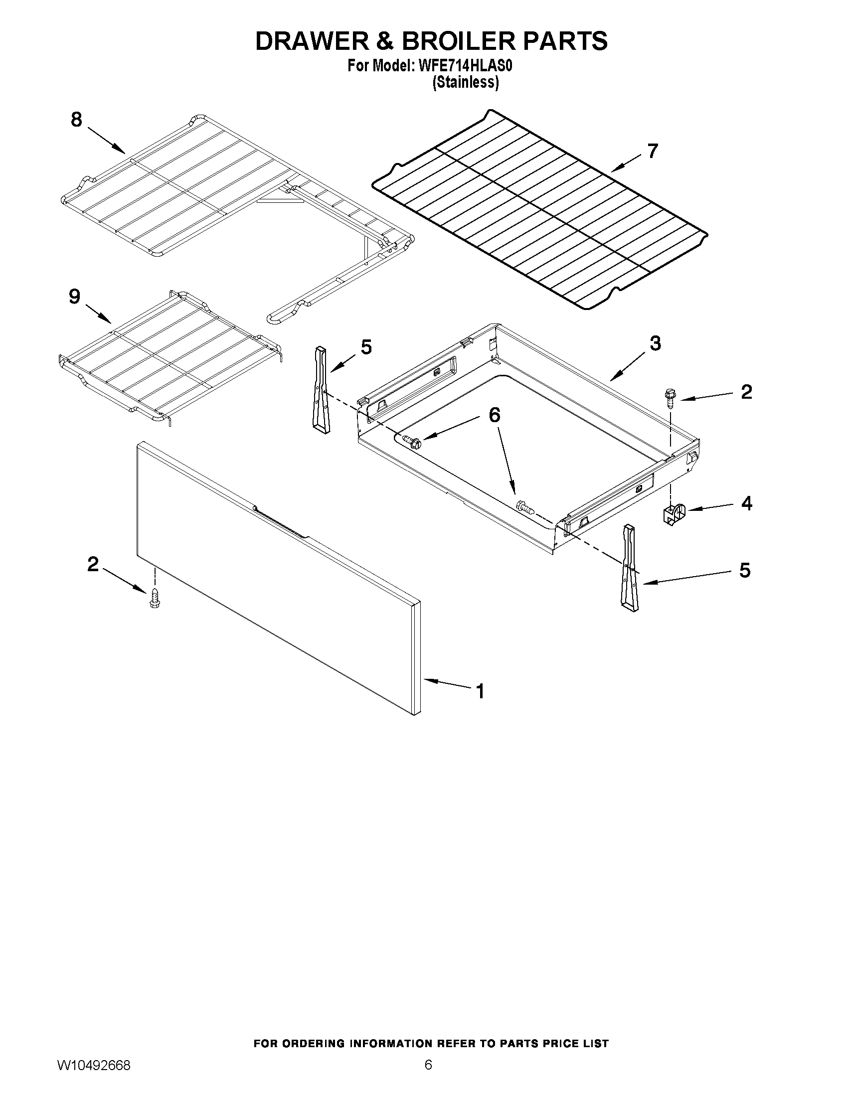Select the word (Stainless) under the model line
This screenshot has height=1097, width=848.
[x=466, y=82]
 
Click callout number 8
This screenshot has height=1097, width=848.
[x=76, y=120]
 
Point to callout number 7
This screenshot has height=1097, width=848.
[x=652, y=151]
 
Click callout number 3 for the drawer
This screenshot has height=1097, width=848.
[x=655, y=343]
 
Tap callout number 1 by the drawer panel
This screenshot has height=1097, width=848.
[x=480, y=692]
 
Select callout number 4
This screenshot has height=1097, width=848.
[x=746, y=503]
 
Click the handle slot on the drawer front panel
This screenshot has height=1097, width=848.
[x=281, y=522]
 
